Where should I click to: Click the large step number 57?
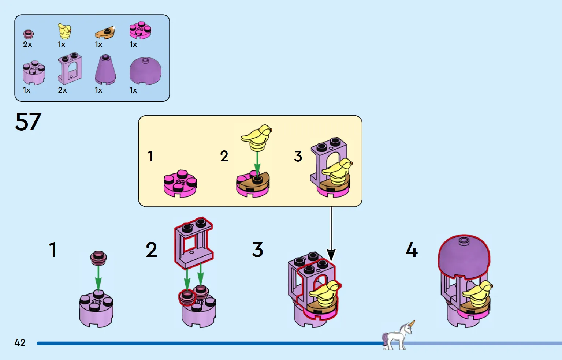click(28, 122)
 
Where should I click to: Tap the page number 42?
click(20, 342)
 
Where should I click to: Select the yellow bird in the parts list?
click(65, 31)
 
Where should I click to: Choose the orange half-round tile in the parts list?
click(105, 33)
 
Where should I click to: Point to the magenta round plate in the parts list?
click(140, 30)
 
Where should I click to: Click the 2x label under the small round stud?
click(27, 44)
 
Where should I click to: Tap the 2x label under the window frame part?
click(63, 90)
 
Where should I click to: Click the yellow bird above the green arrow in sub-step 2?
click(256, 138)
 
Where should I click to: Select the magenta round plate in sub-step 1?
click(180, 183)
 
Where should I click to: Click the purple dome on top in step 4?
click(464, 257)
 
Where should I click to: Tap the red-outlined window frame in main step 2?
click(193, 243)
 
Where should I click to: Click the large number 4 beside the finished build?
click(412, 250)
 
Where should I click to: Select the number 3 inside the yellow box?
click(298, 156)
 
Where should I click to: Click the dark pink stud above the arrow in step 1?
click(98, 258)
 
